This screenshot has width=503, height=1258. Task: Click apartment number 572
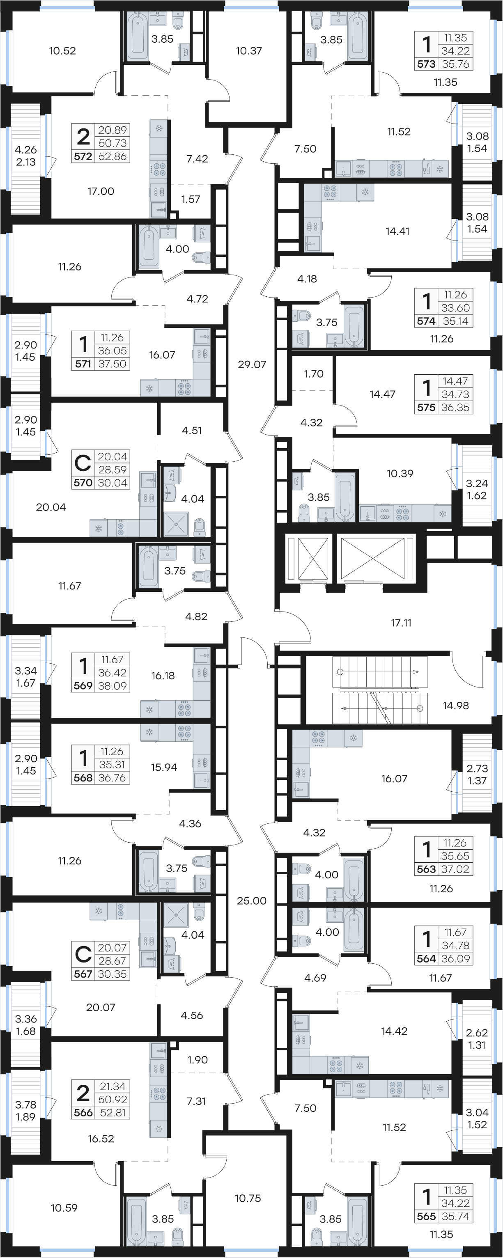[83, 156]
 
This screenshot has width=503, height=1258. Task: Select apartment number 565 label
[426, 1217]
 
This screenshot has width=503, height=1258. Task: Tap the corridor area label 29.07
[252, 364]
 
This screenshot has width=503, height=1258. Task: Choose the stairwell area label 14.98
[456, 705]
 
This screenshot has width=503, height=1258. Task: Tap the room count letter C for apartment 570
[83, 462]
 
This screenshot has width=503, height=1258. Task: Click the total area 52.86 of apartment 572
[113, 156]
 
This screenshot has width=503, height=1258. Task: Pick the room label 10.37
[249, 50]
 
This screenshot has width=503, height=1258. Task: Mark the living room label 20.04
[51, 507]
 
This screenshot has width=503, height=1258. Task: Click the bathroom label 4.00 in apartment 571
[177, 249]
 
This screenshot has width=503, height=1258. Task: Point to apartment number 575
[426, 407]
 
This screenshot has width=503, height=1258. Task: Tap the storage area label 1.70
[314, 374]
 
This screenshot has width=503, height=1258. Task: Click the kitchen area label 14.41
[397, 231]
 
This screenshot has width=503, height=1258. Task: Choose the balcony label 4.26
[26, 150]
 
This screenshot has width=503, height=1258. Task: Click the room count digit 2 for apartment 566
[83, 1093]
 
